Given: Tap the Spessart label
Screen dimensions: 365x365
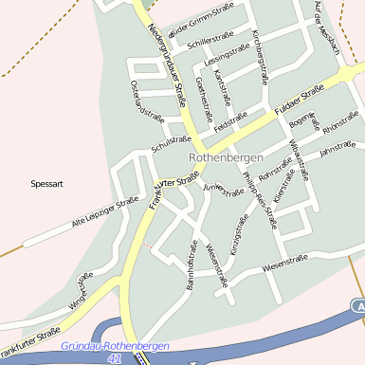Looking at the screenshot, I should pyautogui.click(x=46, y=183).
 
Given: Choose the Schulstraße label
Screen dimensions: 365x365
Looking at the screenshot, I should pyautogui.click(x=171, y=145).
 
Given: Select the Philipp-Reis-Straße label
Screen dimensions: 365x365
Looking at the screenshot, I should pyautogui.click(x=260, y=197).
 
